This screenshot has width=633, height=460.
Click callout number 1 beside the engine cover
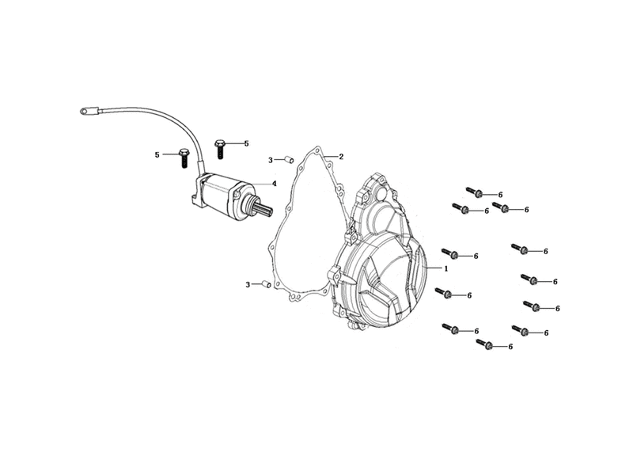(446, 268)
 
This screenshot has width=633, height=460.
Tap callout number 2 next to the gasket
(341, 157)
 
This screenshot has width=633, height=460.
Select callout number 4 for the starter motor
(274, 184)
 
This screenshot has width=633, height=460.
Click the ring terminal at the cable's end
(85, 110)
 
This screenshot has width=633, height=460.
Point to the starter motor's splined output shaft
(263, 209)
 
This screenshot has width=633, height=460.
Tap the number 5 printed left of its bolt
(157, 154)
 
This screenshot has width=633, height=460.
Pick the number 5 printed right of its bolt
(246, 143)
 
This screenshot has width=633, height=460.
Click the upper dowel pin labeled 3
(290, 160)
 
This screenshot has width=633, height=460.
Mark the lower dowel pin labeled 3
(267, 284)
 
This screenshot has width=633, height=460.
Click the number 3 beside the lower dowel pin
(248, 285)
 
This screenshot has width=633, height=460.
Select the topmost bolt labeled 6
(474, 192)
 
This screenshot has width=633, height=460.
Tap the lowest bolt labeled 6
(484, 344)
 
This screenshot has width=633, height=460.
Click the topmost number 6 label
(501, 195)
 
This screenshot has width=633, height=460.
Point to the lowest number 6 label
(510, 347)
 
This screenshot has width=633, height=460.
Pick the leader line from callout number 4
(260, 184)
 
